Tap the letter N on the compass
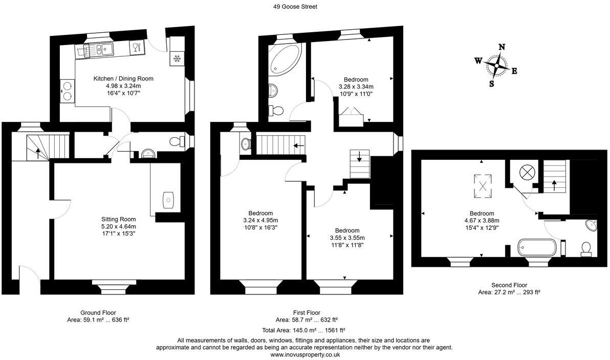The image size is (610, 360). click(x=502, y=47)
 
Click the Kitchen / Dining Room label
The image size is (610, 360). click(x=123, y=78)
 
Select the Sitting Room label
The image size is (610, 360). click(x=118, y=219)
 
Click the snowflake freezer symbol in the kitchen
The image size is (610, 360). click(x=177, y=58)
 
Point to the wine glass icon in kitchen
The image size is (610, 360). click(x=136, y=49)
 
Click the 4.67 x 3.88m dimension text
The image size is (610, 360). click(x=482, y=221)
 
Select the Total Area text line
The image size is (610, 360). click(x=305, y=330)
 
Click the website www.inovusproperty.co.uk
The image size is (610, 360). click(x=305, y=354)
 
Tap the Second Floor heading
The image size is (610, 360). click(x=509, y=285)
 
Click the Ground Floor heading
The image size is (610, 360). click(x=98, y=312)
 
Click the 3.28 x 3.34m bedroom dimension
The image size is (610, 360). click(x=356, y=87)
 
